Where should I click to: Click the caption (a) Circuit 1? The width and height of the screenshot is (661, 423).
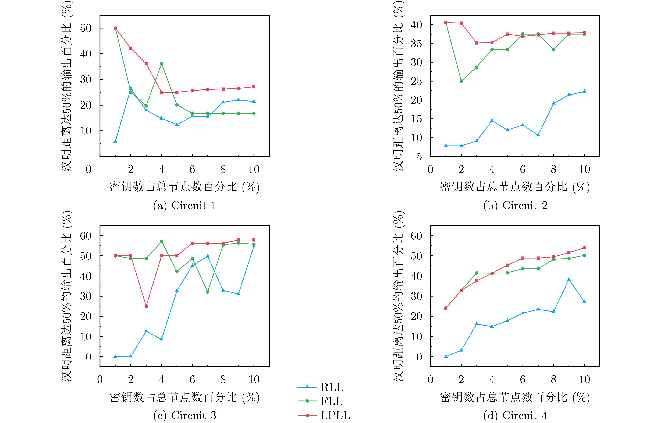pyautogui.click(x=185, y=205)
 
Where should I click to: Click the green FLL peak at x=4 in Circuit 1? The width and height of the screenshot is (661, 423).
pyautogui.click(x=162, y=64)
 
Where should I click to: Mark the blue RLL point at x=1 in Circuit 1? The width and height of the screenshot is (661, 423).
pyautogui.click(x=115, y=141)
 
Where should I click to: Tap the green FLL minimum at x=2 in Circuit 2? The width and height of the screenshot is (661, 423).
pyautogui.click(x=461, y=81)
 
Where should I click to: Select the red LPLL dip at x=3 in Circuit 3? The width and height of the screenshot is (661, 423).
pyautogui.click(x=146, y=306)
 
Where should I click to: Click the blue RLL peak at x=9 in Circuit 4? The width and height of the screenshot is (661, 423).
pyautogui.click(x=569, y=279)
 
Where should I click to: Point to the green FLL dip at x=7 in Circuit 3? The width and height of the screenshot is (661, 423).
pyautogui.click(x=208, y=292)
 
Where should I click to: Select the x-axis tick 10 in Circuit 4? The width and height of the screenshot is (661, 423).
pyautogui.click(x=584, y=380)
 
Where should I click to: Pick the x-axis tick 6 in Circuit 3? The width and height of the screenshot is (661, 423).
pyautogui.click(x=192, y=380)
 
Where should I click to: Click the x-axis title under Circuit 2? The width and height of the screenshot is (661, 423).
pyautogui.click(x=515, y=187)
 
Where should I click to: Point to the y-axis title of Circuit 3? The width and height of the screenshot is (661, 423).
pyautogui.click(x=67, y=296)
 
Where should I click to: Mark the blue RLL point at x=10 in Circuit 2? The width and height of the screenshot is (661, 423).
pyautogui.click(x=584, y=91)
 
